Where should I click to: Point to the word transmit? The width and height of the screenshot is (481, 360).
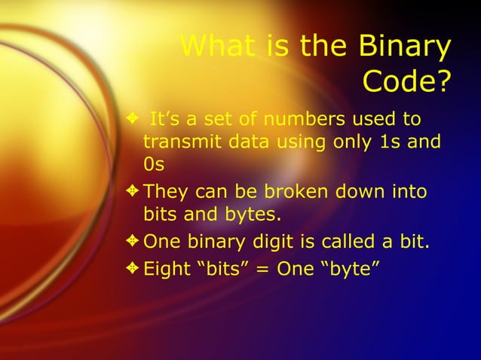click(x=181, y=141)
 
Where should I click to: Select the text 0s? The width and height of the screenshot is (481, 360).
click(x=154, y=163)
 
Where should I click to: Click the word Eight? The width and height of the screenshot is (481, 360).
click(x=166, y=267)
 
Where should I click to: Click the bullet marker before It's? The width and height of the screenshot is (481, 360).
click(x=133, y=118)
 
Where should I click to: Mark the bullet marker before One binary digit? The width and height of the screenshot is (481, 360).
click(x=133, y=242)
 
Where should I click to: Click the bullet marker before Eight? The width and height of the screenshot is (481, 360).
click(x=133, y=267)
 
